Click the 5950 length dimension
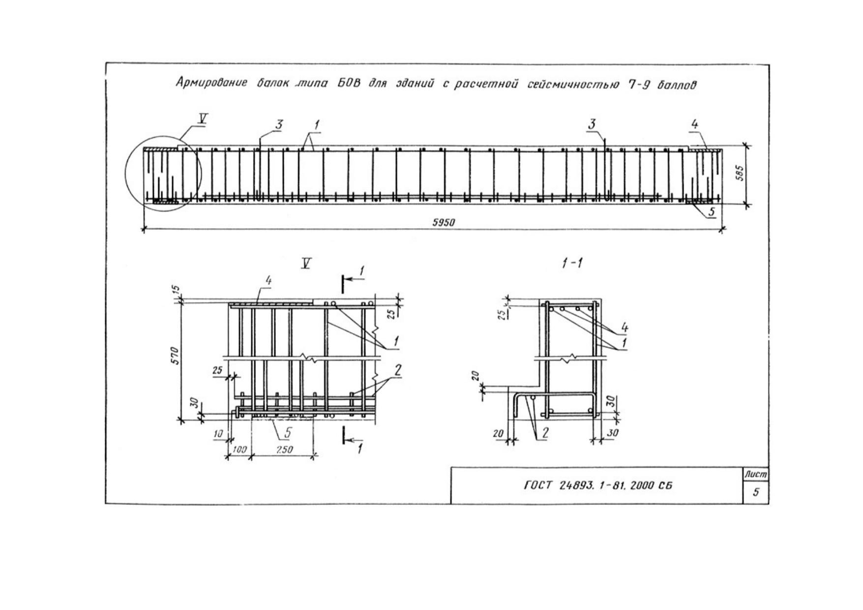(444, 222)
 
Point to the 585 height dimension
(741, 174)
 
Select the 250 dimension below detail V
(284, 450)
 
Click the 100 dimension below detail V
(239, 450)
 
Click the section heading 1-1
(572, 263)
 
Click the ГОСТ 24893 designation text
(598, 486)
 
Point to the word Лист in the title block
(756, 474)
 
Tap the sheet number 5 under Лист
(756, 491)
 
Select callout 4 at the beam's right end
(694, 124)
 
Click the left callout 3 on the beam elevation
(279, 125)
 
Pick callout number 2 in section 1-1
(545, 433)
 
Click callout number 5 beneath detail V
(288, 432)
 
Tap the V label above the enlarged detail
(306, 264)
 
